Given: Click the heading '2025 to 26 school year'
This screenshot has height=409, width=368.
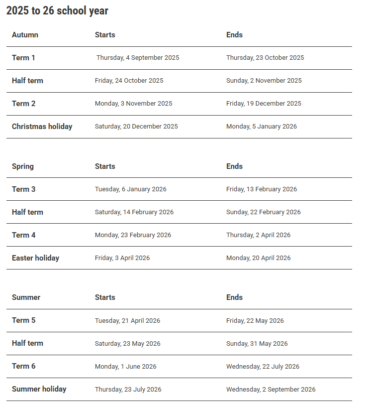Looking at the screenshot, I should [57, 11].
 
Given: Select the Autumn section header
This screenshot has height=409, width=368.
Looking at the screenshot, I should [25, 35].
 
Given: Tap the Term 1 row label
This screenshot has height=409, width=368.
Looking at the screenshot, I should [23, 58].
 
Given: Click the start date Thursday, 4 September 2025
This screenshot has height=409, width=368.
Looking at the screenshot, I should [138, 58].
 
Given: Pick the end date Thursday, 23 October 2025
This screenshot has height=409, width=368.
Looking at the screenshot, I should [265, 58].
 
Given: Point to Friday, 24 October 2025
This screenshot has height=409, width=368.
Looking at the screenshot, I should [129, 81].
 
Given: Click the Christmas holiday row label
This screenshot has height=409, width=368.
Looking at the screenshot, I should [42, 127].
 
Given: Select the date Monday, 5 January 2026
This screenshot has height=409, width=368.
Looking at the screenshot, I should [262, 127].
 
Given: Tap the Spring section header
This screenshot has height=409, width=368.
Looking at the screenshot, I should [23, 166].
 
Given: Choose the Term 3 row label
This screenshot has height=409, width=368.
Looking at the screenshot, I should [23, 189].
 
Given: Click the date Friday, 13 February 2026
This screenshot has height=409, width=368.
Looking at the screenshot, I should [262, 189].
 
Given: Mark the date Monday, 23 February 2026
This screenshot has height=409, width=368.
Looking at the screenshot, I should [133, 235].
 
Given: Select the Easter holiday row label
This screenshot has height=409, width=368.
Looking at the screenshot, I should [35, 258].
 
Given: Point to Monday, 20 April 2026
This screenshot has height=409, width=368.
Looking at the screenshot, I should [258, 258].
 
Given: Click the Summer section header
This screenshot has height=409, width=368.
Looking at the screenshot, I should [26, 297].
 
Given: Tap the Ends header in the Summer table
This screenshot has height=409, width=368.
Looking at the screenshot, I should [234, 297].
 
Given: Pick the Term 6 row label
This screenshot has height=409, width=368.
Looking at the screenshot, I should [23, 366].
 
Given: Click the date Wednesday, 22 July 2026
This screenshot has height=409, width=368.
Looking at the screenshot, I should [263, 367].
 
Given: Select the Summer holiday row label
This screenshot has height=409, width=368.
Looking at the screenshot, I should [39, 389].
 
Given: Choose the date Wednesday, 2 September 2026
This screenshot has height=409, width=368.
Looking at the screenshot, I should [271, 390].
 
